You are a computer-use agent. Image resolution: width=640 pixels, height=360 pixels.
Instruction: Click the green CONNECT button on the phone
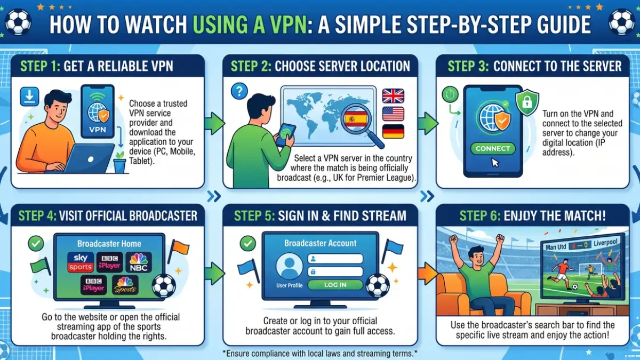(x=493, y=149)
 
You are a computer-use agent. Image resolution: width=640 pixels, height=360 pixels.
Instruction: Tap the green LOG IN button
(x=335, y=285)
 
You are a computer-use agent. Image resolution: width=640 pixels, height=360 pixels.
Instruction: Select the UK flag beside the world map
(x=393, y=95)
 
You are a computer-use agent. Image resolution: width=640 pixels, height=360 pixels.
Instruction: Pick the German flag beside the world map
(x=393, y=131)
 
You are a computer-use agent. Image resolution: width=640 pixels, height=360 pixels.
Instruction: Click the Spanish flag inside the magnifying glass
(x=356, y=119)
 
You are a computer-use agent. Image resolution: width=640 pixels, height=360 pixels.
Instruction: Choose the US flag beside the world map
(x=393, y=114)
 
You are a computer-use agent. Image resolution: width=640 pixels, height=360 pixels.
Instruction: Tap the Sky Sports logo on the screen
(x=81, y=262)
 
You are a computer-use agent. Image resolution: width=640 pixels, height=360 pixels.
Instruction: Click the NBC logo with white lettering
(x=139, y=262)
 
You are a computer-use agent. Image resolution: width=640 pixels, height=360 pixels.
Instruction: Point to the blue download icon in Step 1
(x=29, y=97)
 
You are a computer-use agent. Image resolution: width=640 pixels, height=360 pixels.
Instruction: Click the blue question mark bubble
(x=239, y=91)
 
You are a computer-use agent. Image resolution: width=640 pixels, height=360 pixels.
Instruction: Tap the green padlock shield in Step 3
(x=527, y=102)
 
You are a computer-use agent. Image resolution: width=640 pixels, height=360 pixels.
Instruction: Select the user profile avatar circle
(x=289, y=266)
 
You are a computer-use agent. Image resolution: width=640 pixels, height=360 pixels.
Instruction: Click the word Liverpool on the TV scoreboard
(x=605, y=243)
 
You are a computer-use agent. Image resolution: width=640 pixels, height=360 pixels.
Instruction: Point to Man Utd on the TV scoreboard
(x=556, y=247)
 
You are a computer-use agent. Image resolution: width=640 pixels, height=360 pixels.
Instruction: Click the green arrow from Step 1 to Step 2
(x=214, y=123)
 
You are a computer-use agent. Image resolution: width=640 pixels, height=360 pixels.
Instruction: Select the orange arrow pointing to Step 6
(x=428, y=274)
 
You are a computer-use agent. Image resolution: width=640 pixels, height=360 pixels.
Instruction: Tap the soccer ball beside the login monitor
(x=378, y=286)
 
